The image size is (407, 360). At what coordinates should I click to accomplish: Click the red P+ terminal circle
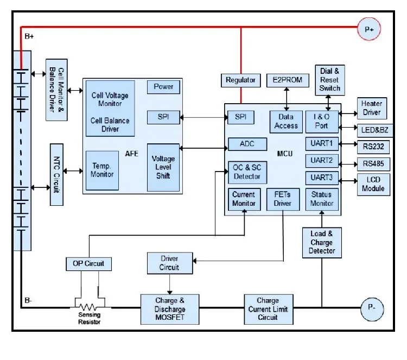368,30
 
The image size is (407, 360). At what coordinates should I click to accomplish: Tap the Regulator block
240,80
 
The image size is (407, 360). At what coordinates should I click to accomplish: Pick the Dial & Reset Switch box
329,79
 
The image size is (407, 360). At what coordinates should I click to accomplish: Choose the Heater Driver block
371,108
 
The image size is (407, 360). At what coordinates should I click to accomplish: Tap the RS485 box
372,163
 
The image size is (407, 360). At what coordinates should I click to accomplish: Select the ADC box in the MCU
247,144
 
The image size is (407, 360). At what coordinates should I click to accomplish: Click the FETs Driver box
282,199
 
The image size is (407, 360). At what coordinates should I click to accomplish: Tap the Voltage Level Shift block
163,167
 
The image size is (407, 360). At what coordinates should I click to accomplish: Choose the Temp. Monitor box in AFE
102,170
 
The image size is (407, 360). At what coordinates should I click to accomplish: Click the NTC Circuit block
57,174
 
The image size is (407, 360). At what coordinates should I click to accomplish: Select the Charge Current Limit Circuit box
268,308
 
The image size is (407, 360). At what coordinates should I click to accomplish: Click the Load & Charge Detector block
322,242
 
